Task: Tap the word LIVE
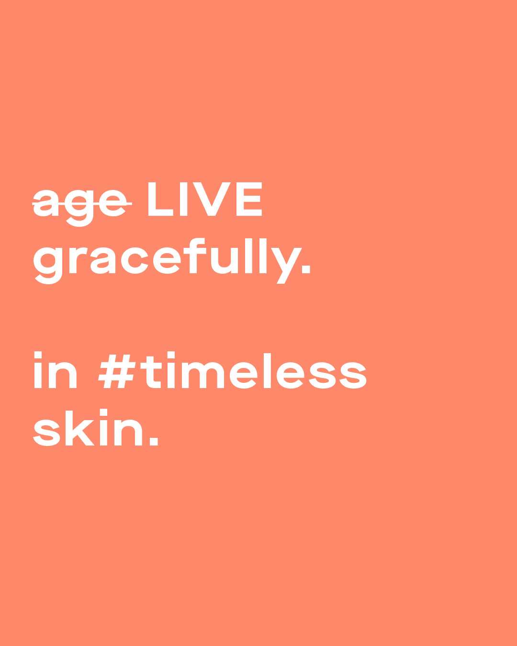point(205,199)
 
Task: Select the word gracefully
point(171,261)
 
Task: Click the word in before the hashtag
point(55,369)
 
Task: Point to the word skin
point(95,427)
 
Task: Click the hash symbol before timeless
point(117,371)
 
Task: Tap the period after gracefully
point(306,269)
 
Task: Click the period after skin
point(154,441)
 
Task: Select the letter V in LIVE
point(212,199)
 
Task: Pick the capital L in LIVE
point(161,199)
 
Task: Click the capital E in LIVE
point(249,199)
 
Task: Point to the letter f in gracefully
point(195,256)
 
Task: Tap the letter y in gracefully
point(286,266)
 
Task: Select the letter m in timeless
point(203,375)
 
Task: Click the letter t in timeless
point(151,372)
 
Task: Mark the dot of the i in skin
point(104,412)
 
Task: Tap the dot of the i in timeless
point(171,355)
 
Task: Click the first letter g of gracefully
point(48,266)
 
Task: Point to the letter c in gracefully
point(135,261)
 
